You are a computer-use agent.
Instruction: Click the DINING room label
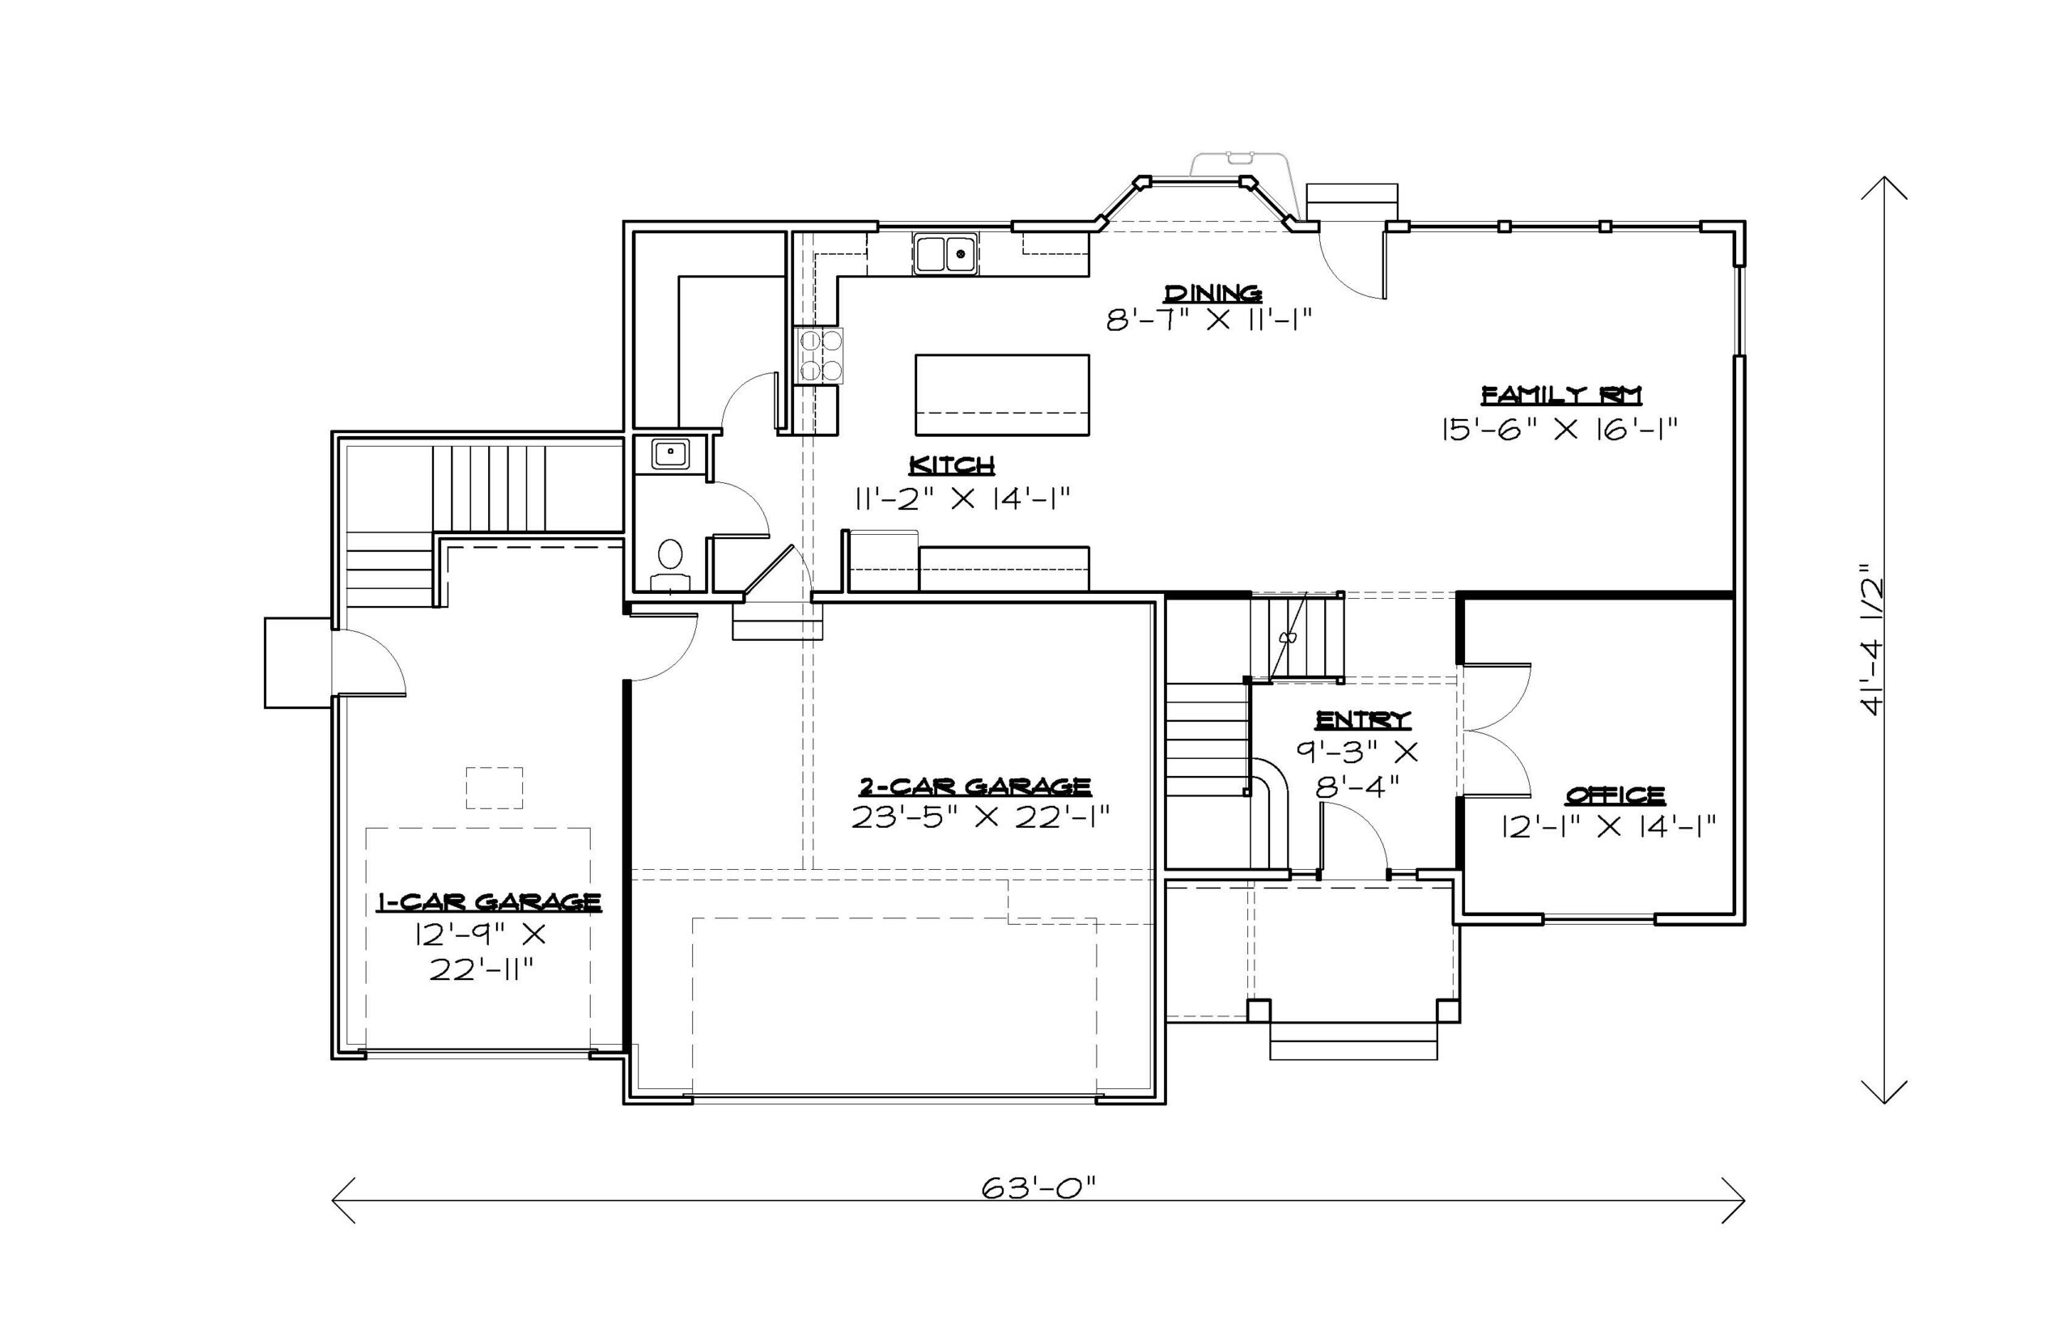[1213, 292]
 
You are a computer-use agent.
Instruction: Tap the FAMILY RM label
[1561, 395]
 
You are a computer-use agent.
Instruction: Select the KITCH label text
[951, 465]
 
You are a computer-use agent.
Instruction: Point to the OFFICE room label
[1616, 795]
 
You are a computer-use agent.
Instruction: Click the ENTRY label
[1362, 719]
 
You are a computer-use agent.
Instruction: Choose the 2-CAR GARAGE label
[974, 787]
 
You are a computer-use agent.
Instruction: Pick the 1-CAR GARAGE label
[488, 901]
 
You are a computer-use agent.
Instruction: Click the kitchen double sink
[945, 253]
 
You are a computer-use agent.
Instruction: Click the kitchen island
[1002, 394]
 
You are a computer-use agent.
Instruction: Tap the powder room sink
[670, 453]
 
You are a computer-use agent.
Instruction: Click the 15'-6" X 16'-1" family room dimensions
[1559, 429]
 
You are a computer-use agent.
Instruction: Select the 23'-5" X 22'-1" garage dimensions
[980, 818]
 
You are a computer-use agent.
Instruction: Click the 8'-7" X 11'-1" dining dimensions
[1208, 320]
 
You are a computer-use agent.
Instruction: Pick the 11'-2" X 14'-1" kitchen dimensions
[961, 498]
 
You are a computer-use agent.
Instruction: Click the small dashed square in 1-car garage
[495, 787]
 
